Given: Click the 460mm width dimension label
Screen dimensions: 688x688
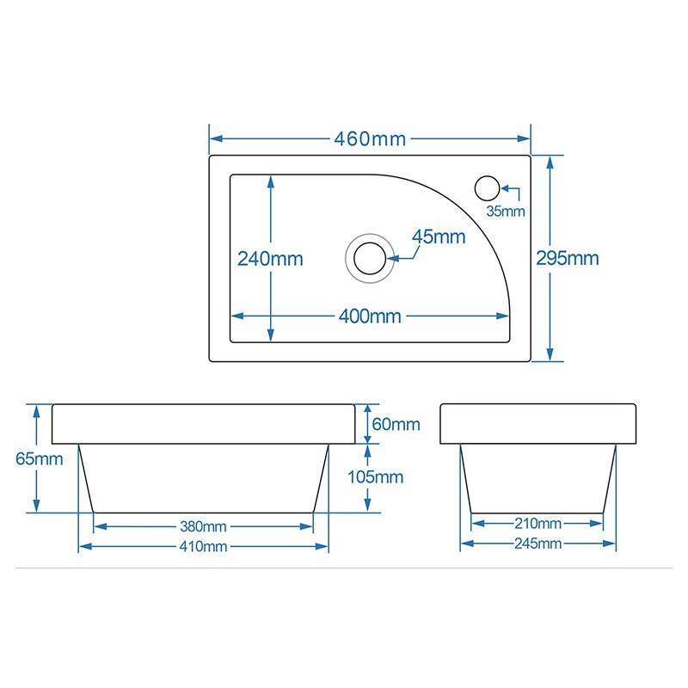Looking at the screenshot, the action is [370, 139].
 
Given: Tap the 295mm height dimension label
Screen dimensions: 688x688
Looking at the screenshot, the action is [568, 258].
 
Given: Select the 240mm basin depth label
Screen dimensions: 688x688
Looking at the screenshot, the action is [270, 259].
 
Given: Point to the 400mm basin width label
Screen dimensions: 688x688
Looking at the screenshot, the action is [370, 316].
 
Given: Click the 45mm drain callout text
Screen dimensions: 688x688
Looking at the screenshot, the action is [439, 237].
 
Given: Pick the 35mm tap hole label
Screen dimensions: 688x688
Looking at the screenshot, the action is [506, 211].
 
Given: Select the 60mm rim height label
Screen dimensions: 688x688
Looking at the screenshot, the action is [396, 424].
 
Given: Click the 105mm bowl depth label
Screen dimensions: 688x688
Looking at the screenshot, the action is [375, 477].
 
